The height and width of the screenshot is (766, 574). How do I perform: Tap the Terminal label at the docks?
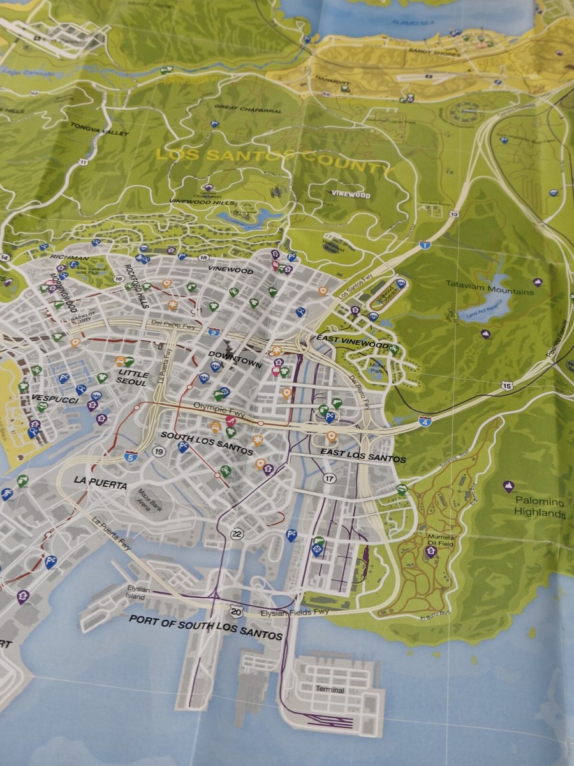point(330,690)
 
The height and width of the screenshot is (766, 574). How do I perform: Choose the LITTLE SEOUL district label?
point(133,378)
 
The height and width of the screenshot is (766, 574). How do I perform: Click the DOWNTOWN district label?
point(237,363)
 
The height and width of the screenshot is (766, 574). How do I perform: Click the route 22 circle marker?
point(237,534)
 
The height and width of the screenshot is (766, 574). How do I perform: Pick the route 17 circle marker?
point(329,478)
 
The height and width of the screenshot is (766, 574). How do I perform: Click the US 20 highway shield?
point(237,612)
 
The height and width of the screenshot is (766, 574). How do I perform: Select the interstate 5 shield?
point(131,456)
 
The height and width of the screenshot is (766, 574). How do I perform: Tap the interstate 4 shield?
point(425,421)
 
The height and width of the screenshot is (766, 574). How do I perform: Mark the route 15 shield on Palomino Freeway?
point(507,386)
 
